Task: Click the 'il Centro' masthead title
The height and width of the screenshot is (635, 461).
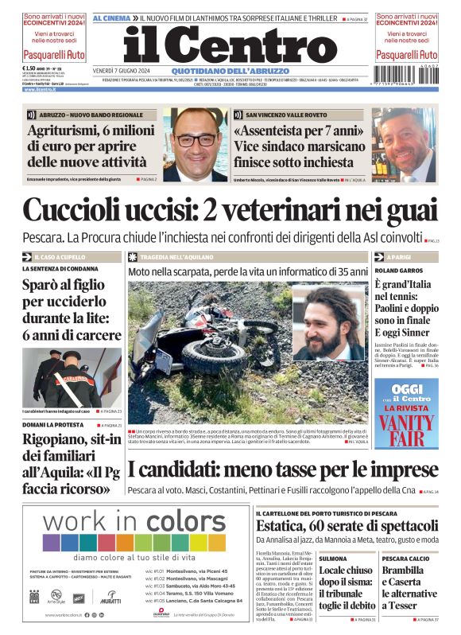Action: (230, 46)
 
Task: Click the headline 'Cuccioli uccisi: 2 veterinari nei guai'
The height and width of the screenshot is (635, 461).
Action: (230, 210)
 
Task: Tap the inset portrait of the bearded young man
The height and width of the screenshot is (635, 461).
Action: (331, 326)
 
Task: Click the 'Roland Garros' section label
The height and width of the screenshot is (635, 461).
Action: (393, 271)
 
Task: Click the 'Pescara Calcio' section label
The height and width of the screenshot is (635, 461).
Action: (406, 559)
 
